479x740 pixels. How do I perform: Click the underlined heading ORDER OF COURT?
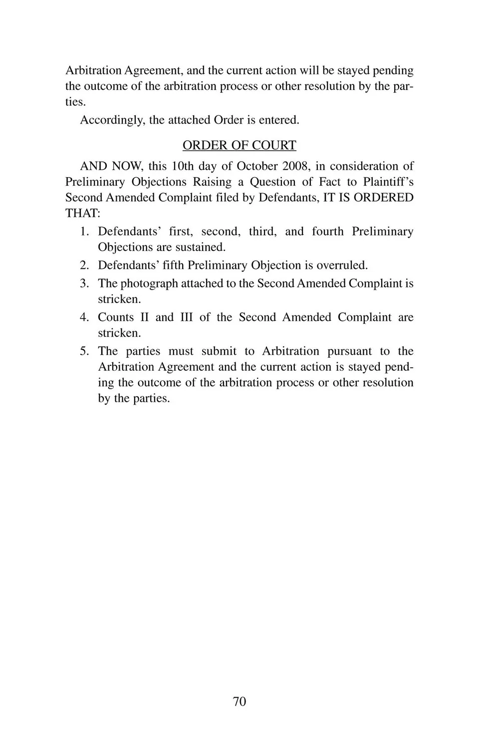point(239,145)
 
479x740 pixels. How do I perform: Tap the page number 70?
point(239,702)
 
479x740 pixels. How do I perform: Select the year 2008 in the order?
point(295,166)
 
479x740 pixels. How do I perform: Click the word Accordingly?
point(113,120)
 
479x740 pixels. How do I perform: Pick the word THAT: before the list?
point(83,214)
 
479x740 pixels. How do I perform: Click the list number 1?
point(84,232)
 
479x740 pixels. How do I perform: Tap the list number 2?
point(84,265)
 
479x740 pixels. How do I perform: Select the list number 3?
point(84,283)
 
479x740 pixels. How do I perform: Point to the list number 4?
point(84,317)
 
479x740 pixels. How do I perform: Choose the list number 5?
point(84,351)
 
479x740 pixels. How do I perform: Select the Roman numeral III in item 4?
point(186,317)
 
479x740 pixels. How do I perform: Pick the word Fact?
point(329,182)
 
